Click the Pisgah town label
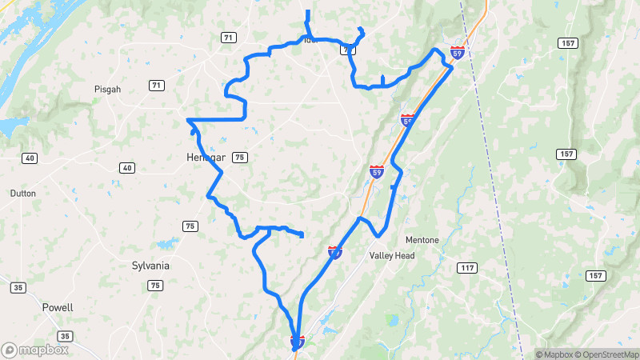(107, 90)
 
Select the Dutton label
(22, 194)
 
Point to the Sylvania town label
(150, 265)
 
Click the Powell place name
(58, 307)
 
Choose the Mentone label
(422, 238)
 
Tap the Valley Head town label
(392, 256)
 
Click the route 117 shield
(467, 267)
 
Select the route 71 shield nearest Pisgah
(157, 86)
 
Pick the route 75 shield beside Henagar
(240, 158)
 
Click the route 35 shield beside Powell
(66, 335)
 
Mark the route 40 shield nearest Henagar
(127, 167)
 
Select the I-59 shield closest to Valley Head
(335, 252)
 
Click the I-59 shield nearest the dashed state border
(458, 52)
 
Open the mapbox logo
(34, 350)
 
